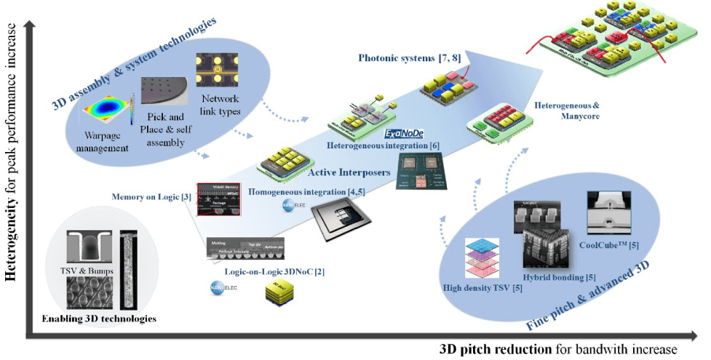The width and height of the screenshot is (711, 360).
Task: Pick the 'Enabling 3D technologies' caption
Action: [x=99, y=319]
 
